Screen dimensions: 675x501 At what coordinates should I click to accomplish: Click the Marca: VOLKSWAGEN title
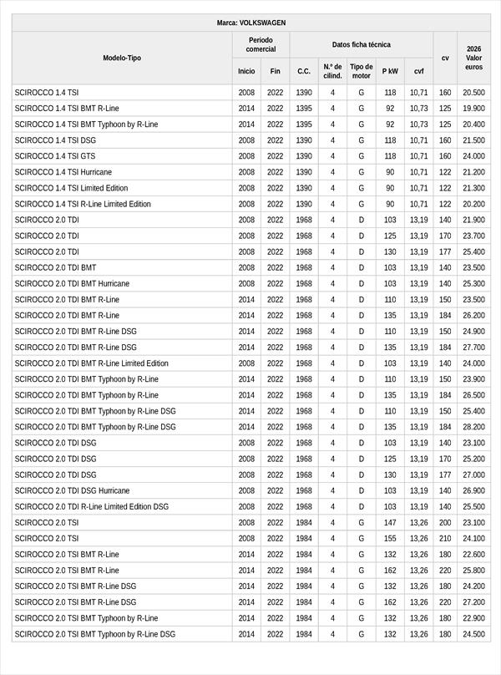coord(250,23)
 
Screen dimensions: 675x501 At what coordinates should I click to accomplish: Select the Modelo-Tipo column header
coord(122,58)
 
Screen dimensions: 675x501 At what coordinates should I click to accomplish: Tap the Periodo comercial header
coord(261,44)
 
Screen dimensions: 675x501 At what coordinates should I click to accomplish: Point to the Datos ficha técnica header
coord(361,44)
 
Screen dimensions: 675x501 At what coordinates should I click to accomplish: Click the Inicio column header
coord(246,72)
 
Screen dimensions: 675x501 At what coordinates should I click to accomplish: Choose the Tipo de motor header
coord(361,71)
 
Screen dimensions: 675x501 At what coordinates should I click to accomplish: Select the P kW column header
coord(390,72)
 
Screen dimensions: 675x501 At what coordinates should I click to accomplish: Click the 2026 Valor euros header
coord(474,58)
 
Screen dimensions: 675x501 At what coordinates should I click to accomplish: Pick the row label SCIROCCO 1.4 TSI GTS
coord(55,156)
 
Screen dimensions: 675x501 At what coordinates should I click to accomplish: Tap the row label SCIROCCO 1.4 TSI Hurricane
coord(63,172)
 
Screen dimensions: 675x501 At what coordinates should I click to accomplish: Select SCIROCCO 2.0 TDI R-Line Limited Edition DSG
coord(91,506)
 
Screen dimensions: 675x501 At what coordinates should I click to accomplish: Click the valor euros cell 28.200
coord(474,427)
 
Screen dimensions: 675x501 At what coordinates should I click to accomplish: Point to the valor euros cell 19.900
coord(474,109)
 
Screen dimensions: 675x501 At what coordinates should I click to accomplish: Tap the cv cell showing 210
coord(445,539)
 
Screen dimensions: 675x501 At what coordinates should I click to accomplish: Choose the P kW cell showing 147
coord(390,523)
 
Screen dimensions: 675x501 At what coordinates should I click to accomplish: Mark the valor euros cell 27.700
coord(474,348)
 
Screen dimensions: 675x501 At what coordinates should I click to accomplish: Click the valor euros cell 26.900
coord(474,490)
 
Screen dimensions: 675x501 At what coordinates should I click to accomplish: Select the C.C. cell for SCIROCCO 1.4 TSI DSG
coord(304,140)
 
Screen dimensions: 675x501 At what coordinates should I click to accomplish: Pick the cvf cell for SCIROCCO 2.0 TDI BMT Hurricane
coord(418,284)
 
